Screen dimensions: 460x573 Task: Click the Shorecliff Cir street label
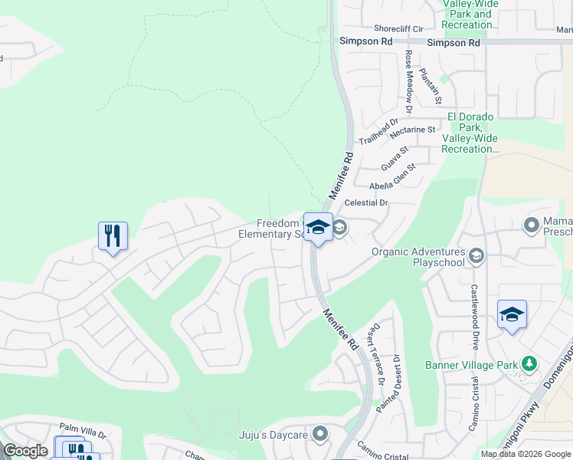[398, 29]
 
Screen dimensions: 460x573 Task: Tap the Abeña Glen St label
[392, 177]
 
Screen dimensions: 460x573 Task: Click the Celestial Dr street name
[367, 203]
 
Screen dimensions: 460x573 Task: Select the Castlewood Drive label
[474, 310]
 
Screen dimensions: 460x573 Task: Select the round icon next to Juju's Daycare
[320, 435]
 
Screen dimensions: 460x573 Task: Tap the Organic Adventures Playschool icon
[476, 255]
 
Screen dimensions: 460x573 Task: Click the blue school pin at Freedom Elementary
[318, 228]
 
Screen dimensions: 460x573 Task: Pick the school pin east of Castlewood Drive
[512, 315]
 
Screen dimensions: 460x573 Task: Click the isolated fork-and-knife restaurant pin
[113, 237]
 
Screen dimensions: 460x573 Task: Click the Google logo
[26, 451]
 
